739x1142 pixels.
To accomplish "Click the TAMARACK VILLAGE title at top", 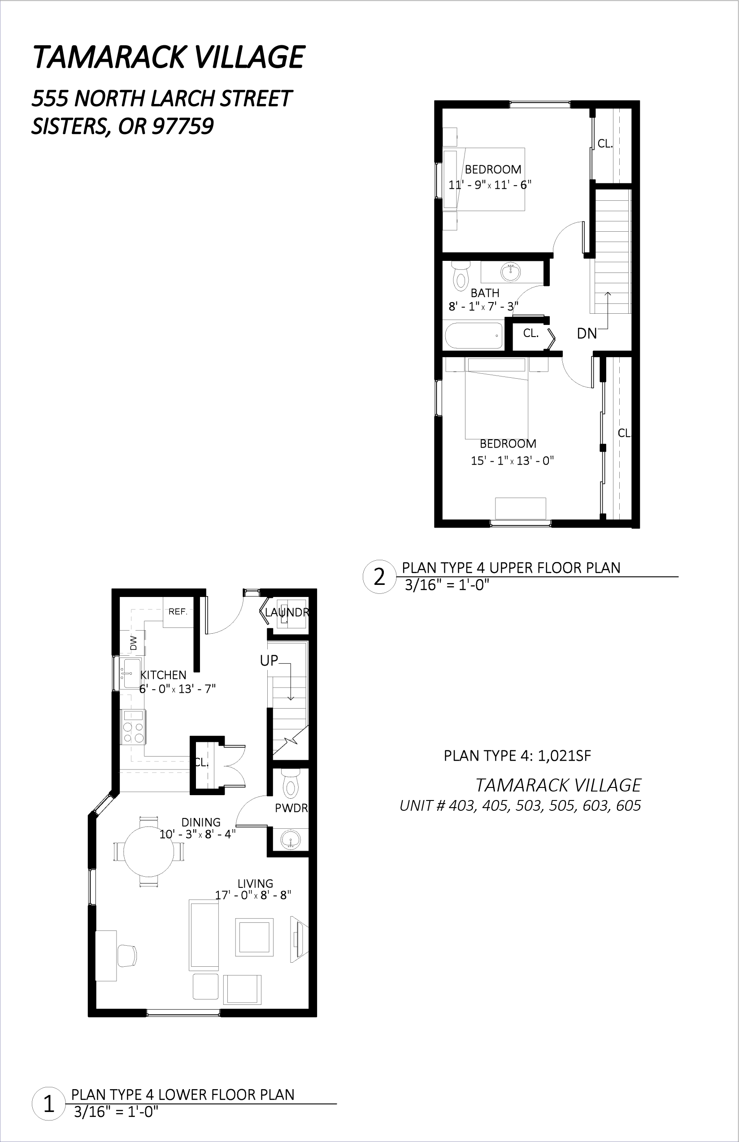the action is point(169,57).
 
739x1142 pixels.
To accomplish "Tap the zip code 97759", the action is point(183,126).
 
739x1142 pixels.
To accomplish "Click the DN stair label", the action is point(587,334).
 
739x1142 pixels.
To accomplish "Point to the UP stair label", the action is point(269,661).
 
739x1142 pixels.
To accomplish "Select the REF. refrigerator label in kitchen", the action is point(178,612).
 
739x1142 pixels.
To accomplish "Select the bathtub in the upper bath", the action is point(474,335).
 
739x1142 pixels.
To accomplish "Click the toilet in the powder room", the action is point(290,783).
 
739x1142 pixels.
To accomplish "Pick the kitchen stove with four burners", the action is point(133,727).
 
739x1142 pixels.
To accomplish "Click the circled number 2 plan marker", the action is point(379,577).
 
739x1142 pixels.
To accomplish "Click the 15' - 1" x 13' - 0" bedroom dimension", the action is point(513,461).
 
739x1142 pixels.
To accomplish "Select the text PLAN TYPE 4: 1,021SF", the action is point(517,757).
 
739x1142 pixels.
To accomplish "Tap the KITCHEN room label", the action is point(163,675).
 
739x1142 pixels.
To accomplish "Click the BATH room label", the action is point(485,293).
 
